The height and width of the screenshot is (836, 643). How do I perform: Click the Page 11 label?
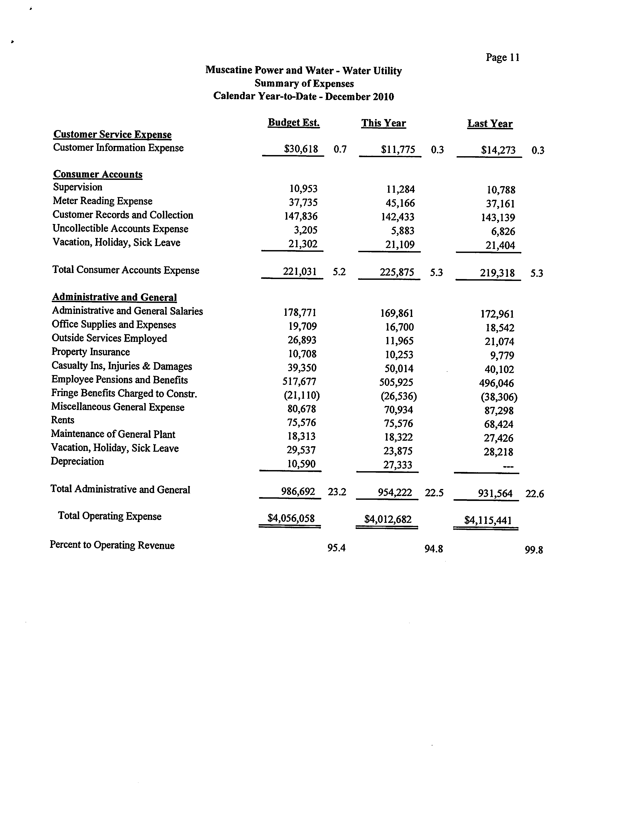(502, 57)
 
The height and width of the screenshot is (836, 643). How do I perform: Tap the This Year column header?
(383, 123)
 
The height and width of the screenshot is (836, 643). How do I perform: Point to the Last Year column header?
(490, 124)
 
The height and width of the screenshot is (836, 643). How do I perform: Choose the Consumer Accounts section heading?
(97, 174)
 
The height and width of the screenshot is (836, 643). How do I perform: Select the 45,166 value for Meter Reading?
(400, 203)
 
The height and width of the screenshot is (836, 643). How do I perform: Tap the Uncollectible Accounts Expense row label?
(120, 228)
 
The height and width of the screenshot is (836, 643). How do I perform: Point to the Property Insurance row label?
(91, 352)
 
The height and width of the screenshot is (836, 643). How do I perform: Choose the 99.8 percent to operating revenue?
(534, 550)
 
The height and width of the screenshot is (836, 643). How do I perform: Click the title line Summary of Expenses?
(304, 83)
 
